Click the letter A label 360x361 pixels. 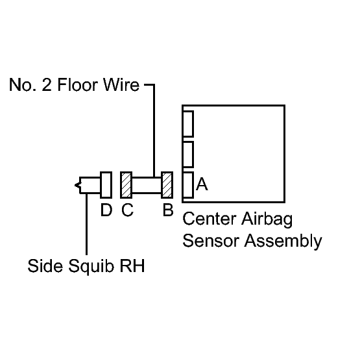202,184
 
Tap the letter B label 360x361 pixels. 168,210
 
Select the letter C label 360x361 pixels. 127,210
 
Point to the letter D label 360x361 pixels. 106,210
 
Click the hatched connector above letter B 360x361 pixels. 167,185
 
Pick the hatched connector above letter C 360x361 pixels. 126,185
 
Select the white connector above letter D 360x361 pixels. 106,185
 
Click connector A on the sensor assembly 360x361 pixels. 188,185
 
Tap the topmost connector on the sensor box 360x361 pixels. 188,124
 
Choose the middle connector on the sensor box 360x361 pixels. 188,155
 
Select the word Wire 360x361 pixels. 121,84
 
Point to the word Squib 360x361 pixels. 91,267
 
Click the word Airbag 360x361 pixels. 267,219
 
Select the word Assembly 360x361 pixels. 283,242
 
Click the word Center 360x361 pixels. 210,219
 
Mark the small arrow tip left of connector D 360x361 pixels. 75,185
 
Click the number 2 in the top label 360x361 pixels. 47,84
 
